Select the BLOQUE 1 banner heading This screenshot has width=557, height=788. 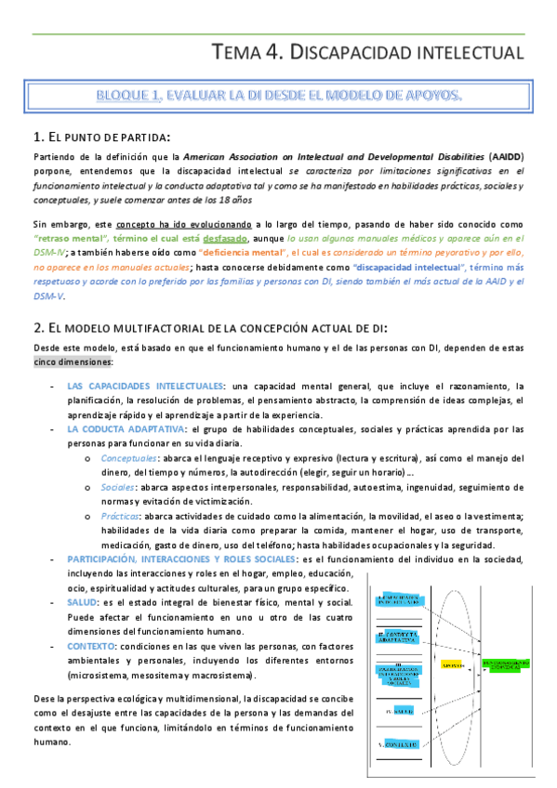tap(281, 96)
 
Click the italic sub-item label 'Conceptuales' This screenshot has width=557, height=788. tap(129, 458)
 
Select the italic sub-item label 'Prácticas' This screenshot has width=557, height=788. tap(122, 517)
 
